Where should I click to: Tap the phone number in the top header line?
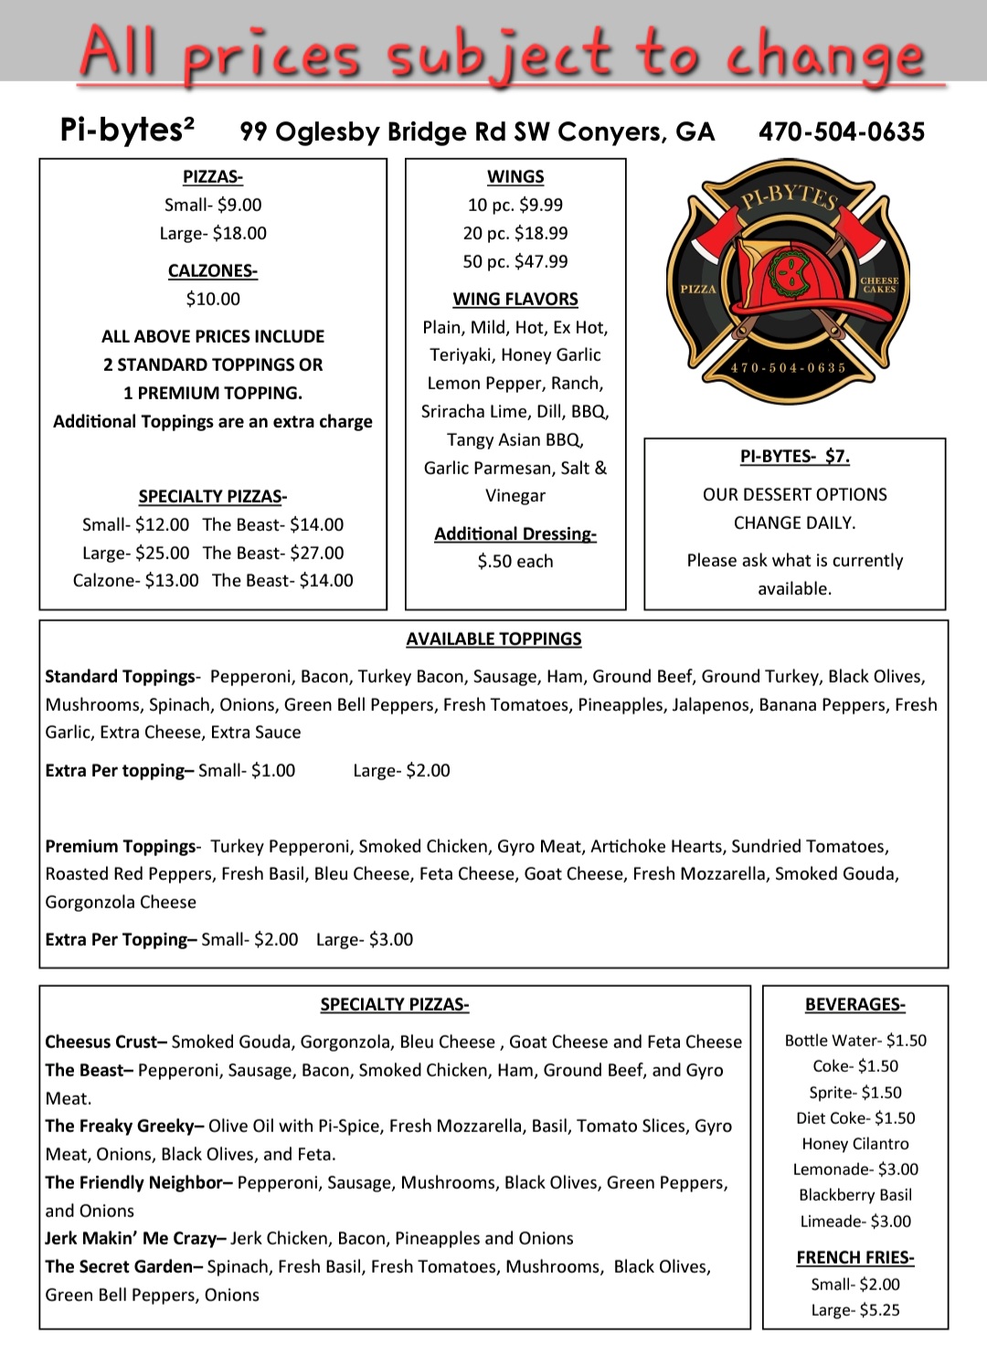(841, 132)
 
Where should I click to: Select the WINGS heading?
(515, 176)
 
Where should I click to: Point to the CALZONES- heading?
(212, 270)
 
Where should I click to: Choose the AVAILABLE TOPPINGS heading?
(493, 639)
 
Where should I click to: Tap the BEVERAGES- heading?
(854, 1004)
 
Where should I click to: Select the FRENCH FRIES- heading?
(854, 1257)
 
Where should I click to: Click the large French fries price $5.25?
(879, 1309)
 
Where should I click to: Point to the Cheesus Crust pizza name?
(105, 1042)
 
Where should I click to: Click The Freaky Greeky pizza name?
(125, 1126)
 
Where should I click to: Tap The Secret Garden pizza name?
(124, 1266)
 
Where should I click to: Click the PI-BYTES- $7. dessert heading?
(794, 456)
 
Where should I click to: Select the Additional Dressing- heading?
(515, 534)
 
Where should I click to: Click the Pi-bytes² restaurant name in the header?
(127, 130)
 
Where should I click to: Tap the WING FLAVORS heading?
(515, 299)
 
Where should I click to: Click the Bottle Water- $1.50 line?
(854, 1040)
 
